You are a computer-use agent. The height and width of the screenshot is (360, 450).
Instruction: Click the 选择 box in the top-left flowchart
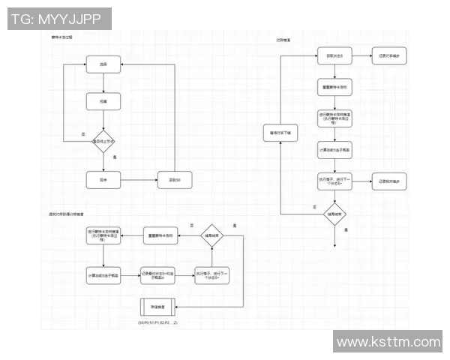pyautogui.click(x=103, y=65)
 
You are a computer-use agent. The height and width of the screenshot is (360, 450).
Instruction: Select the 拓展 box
pyautogui.click(x=103, y=101)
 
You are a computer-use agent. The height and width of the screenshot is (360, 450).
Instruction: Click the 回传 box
pyautogui.click(x=103, y=180)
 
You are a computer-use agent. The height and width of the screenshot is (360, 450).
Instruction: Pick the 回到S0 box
pyautogui.click(x=175, y=180)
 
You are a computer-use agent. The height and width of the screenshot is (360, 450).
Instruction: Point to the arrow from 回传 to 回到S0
pyautogui.click(x=139, y=180)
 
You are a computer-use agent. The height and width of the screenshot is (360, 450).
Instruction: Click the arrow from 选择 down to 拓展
pyautogui.click(x=103, y=82)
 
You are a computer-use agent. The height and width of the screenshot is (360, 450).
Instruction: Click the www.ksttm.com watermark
pyautogui.click(x=388, y=342)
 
